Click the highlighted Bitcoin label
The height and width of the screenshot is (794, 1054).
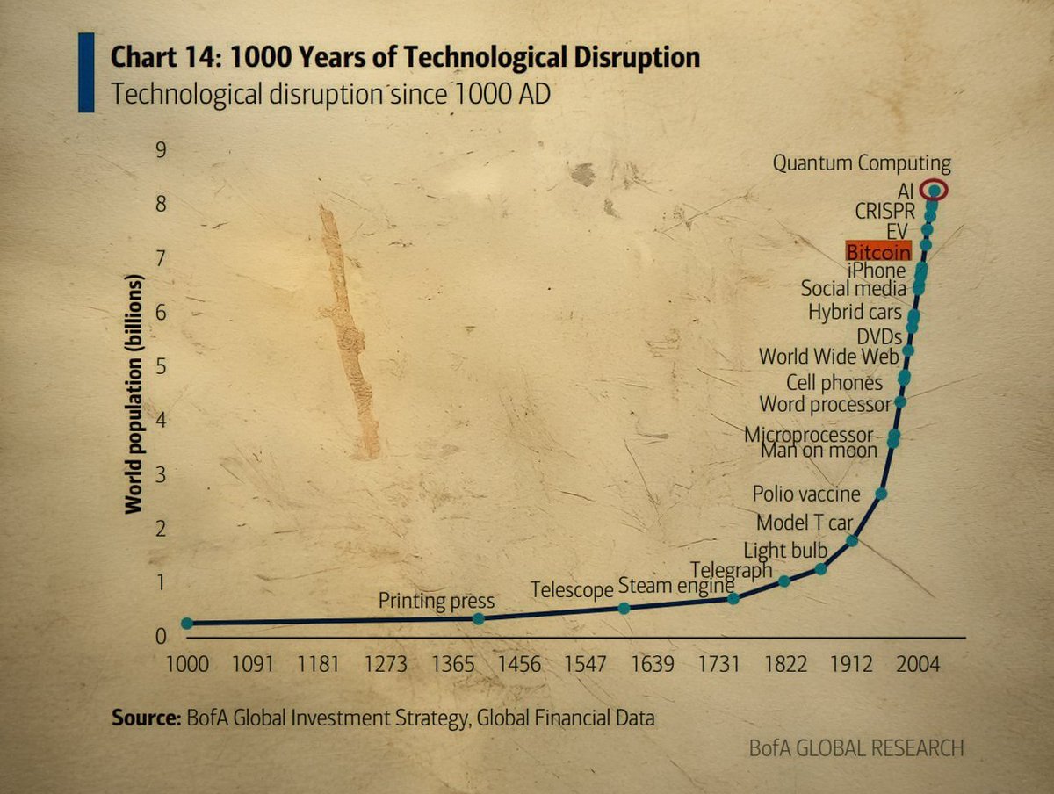point(878,251)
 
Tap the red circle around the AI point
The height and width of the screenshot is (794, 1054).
point(935,190)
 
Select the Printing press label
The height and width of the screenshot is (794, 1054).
point(437,602)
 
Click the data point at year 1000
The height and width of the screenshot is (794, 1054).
point(186,623)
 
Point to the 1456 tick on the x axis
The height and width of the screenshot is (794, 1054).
point(519,664)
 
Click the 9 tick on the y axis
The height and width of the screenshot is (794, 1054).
point(161,150)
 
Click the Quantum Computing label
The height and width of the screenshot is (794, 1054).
point(861,163)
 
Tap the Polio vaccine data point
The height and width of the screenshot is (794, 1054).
point(881,494)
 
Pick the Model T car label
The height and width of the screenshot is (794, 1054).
point(805,523)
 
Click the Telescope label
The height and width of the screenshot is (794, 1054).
point(571,590)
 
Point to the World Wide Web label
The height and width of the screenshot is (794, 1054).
point(828,357)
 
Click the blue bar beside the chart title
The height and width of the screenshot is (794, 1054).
point(86,72)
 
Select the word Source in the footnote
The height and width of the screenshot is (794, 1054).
point(145,718)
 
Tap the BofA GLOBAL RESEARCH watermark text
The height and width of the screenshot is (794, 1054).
point(855,748)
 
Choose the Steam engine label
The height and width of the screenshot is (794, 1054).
point(675,585)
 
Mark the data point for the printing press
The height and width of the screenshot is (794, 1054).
point(478,618)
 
